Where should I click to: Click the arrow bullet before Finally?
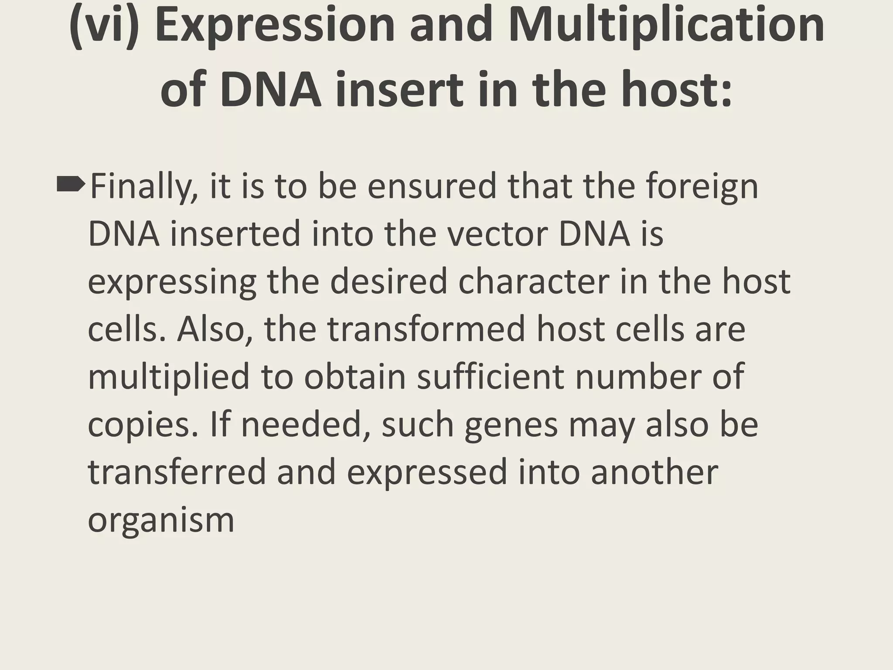70,185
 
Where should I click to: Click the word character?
534,281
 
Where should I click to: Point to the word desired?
389,281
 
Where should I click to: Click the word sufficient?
491,377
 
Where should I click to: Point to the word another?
654,473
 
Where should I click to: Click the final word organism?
161,522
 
